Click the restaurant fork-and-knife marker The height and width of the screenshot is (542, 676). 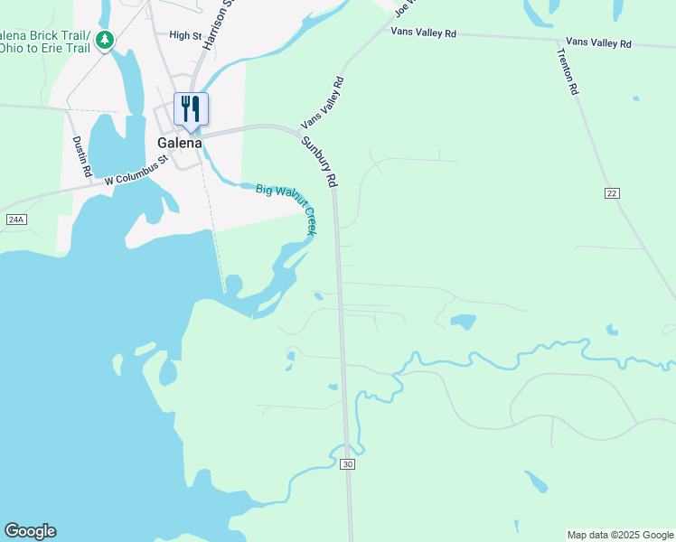pyautogui.click(x=191, y=109)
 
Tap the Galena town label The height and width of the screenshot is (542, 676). pyautogui.click(x=179, y=143)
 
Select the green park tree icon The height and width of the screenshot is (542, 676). pyautogui.click(x=106, y=40)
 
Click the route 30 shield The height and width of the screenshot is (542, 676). pyautogui.click(x=347, y=464)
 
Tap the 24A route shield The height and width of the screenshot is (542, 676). pyautogui.click(x=15, y=220)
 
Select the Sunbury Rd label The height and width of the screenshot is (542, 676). pyautogui.click(x=319, y=161)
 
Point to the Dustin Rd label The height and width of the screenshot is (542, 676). pyautogui.click(x=81, y=156)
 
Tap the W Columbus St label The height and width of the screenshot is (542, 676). pyautogui.click(x=136, y=170)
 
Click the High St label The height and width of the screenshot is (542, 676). pyautogui.click(x=184, y=35)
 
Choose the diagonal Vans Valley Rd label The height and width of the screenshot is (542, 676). pyautogui.click(x=324, y=102)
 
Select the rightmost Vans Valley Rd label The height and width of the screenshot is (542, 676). pyautogui.click(x=598, y=42)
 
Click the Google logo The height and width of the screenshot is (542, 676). pyautogui.click(x=30, y=531)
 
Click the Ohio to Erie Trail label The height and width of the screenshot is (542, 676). pyautogui.click(x=45, y=48)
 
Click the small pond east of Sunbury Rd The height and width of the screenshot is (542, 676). pyautogui.click(x=463, y=322)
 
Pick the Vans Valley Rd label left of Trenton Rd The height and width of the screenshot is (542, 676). pyautogui.click(x=424, y=33)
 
